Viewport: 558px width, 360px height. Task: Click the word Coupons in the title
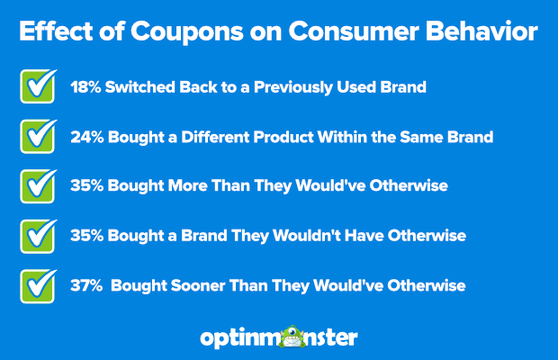187,32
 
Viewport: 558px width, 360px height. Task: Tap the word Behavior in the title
481,31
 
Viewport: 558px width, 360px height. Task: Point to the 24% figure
87,137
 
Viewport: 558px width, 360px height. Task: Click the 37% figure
86,285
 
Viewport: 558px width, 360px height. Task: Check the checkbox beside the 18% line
38,86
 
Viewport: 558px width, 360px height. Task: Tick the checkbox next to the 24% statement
38,137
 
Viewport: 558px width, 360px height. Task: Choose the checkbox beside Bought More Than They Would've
38,186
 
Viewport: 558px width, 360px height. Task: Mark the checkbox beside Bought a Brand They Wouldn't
38,237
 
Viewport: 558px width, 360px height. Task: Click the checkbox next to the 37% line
38,286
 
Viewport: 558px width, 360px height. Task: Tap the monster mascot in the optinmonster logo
292,337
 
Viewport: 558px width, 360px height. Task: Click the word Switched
139,87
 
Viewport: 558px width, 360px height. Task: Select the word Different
215,137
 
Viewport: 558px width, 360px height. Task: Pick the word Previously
293,88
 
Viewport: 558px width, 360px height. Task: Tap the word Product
283,137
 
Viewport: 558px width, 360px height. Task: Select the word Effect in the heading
56,31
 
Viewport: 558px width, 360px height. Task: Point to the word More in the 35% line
187,185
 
